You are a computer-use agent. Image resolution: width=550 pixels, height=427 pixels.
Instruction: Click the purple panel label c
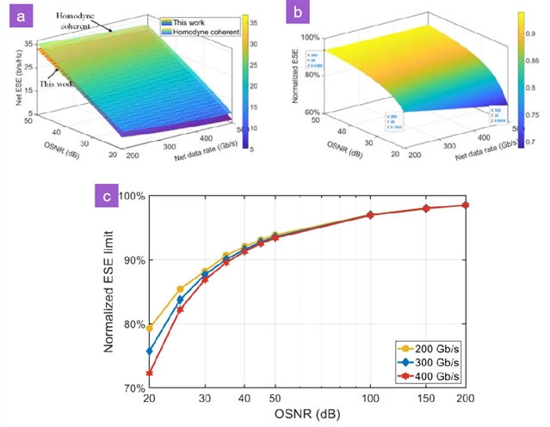106,197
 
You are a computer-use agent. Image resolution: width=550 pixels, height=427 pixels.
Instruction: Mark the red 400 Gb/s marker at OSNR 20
150,373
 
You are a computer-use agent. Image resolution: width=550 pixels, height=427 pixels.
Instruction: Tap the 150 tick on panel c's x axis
426,400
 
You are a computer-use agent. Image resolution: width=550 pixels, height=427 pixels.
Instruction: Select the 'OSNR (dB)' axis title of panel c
306,415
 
